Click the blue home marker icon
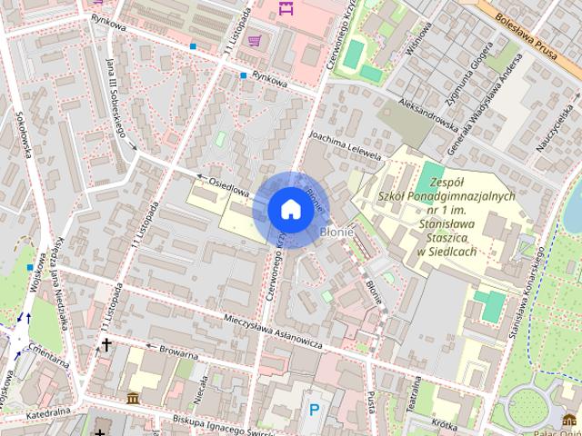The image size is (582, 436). (289, 208)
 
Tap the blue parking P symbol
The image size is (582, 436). (315, 410)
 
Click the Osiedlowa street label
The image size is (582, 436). (228, 185)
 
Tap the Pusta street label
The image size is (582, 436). (370, 399)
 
